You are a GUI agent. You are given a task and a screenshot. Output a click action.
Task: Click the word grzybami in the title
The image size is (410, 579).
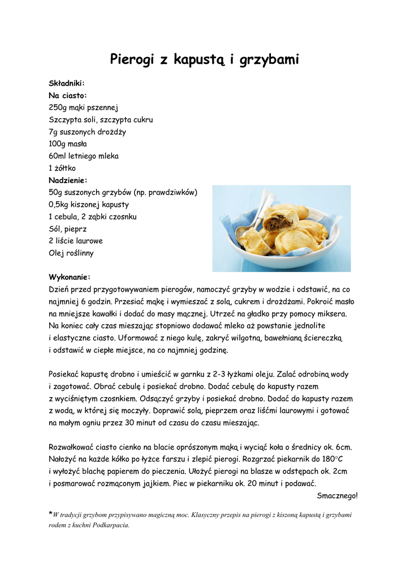coord(268,60)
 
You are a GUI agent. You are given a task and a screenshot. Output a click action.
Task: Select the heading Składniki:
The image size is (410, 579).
coord(67,83)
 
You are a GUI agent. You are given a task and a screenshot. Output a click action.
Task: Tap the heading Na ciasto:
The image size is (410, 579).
coord(68,96)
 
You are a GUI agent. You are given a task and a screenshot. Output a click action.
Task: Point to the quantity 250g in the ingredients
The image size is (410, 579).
coord(58,107)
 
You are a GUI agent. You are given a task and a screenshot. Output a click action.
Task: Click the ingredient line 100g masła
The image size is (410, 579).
coord(71,144)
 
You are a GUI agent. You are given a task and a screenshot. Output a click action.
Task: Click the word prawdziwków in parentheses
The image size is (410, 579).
coord(171,192)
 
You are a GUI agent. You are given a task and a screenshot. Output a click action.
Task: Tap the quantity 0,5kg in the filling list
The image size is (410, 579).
coord(61,205)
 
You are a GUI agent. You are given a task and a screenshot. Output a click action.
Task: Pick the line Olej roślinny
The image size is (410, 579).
coord(71,253)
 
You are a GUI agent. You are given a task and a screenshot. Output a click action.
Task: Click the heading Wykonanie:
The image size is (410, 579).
coord(70,277)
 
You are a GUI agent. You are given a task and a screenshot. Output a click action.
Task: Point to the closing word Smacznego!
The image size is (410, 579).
coord(337,495)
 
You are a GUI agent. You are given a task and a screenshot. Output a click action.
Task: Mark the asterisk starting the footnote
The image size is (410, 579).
coord(50,513)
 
